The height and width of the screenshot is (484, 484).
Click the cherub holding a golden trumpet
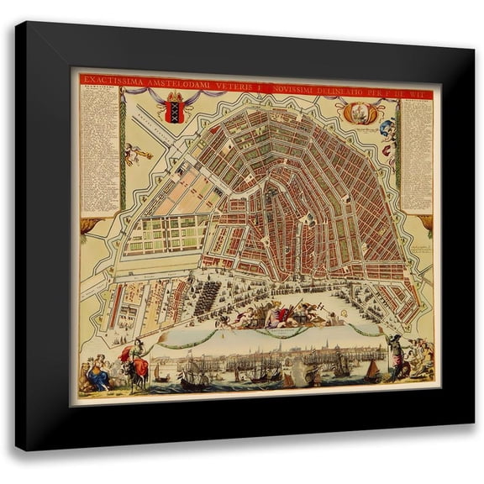click(134, 153)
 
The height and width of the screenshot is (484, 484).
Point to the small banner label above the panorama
click(270, 331)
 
